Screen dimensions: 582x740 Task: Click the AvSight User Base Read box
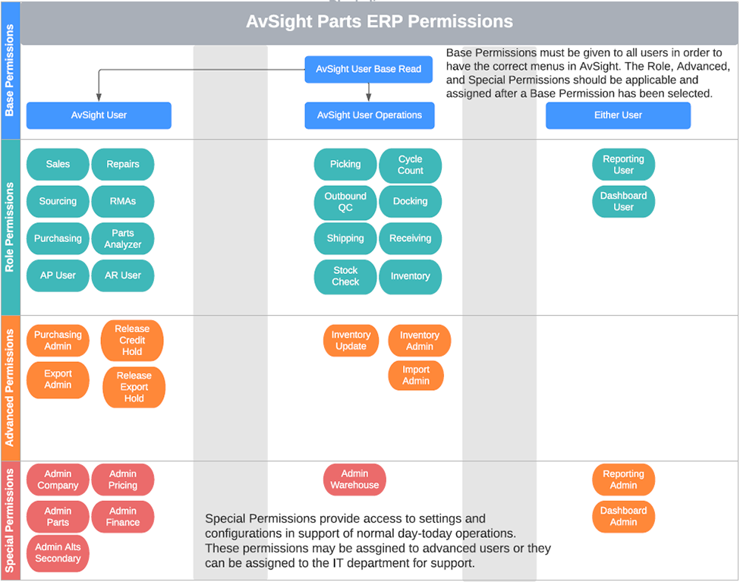[368, 69]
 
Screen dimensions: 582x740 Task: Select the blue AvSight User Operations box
[369, 115]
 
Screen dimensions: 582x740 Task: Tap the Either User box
[618, 115]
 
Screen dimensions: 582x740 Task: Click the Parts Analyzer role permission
[123, 239]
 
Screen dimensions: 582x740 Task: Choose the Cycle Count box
[410, 165]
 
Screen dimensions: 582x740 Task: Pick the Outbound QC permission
[345, 202]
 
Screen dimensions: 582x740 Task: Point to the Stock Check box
[345, 276]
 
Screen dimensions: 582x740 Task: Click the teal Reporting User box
[623, 165]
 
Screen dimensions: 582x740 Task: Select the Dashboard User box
[623, 201]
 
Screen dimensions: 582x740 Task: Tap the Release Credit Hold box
[132, 341]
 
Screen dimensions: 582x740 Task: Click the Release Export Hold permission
[134, 387]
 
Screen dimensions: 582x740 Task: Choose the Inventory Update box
[351, 341]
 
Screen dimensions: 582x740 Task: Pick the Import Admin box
[416, 376]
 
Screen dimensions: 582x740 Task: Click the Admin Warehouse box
[354, 480]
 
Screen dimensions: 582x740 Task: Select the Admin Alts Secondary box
[58, 553]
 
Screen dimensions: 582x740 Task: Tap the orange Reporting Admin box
[623, 480]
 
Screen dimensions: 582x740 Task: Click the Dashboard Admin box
[623, 517]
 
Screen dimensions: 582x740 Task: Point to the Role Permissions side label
[10, 227]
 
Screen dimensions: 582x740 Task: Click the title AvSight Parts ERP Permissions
[379, 22]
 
